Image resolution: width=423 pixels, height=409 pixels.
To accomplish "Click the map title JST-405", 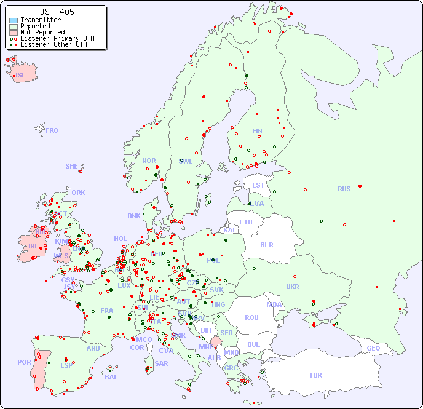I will (57, 12).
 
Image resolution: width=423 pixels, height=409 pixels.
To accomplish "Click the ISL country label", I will (21, 76).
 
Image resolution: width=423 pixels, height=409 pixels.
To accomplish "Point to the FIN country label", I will (257, 131).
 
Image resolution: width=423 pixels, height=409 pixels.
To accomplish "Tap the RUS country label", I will (344, 189).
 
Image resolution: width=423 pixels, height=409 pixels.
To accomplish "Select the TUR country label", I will (315, 375).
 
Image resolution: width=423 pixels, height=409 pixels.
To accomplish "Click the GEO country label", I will (373, 348).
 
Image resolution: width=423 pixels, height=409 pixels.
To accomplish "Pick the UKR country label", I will (293, 287).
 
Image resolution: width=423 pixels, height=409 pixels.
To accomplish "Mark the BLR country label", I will (266, 244).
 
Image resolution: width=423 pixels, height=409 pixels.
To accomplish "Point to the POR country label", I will (24, 363).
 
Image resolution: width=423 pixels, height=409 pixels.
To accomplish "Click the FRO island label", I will (52, 130).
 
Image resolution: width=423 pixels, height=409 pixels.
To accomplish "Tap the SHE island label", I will (72, 166).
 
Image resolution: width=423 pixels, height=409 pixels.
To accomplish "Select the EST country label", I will (258, 185).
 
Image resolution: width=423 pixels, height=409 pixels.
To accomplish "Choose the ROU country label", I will (251, 317).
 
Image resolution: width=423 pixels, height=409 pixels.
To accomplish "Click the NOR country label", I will (149, 161).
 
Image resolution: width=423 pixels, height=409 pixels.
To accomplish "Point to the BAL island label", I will (111, 377).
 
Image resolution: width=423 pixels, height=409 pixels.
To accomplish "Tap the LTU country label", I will (246, 222).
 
